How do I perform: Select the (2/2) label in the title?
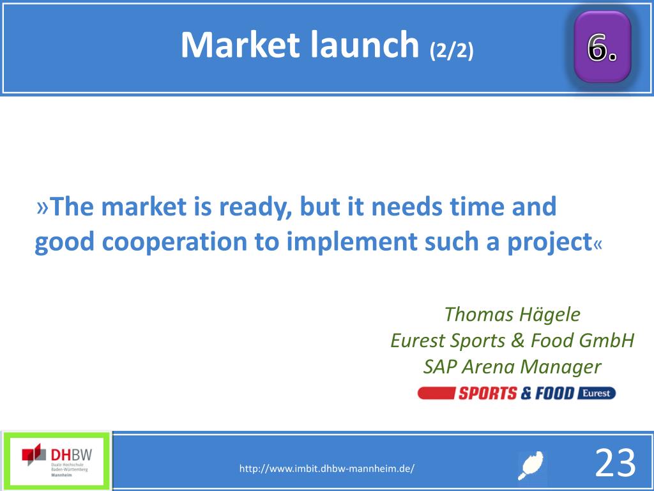pos(452,51)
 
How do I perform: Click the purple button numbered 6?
pos(602,47)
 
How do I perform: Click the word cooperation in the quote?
pos(174,242)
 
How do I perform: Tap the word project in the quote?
pos(550,242)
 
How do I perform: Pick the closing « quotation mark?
pos(598,244)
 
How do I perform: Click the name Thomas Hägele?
pos(512,315)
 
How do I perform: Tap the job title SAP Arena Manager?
pos(512,367)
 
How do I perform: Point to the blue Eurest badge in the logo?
pos(596,393)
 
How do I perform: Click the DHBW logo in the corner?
pos(57,461)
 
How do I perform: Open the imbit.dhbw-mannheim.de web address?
pos(326,469)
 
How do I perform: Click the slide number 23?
pos(615,463)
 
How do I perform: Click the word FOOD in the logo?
pos(555,393)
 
